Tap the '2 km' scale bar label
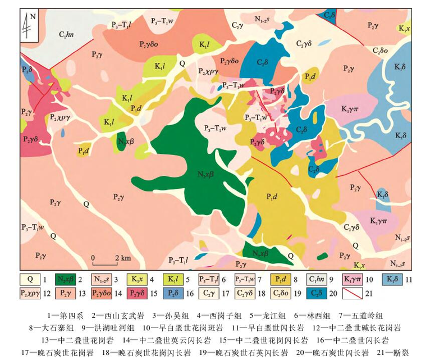[x=122, y=258]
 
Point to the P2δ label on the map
[x=27, y=69]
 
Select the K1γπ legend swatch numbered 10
[x=351, y=279]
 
